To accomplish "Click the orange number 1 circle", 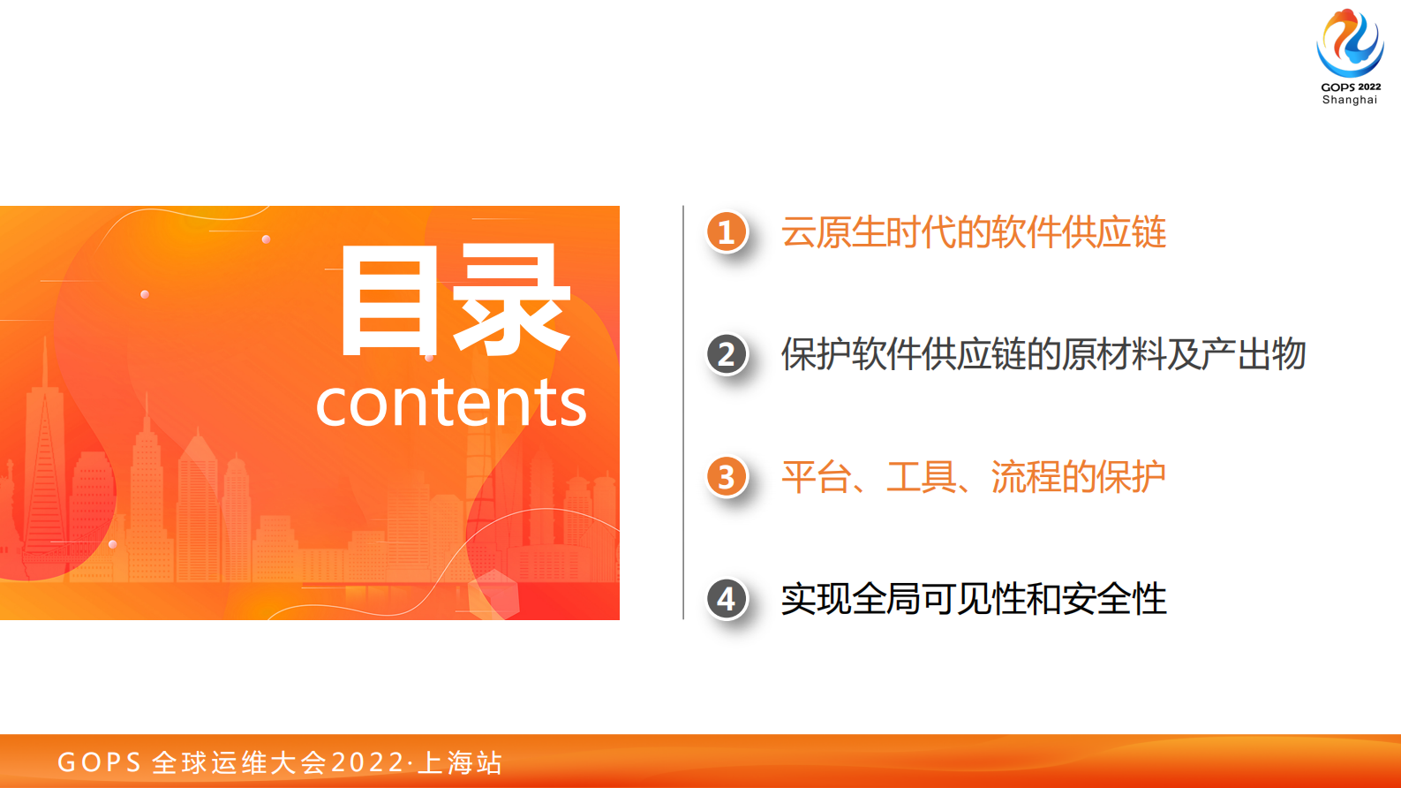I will (727, 231).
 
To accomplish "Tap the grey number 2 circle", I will (727, 354).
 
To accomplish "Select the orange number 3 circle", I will (727, 477).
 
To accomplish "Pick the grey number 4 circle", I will (727, 599).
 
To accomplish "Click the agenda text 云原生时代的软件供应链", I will (973, 232).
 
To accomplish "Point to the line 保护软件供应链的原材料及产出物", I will (1043, 354).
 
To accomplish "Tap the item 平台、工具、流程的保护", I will (973, 477).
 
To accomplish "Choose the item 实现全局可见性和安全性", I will (973, 599).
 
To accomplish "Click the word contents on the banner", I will (451, 403).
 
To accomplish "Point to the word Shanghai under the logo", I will (1350, 100).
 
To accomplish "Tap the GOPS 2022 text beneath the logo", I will (1351, 87).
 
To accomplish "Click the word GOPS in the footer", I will (100, 762).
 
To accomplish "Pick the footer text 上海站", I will (460, 762).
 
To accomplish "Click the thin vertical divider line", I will (683, 413).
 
